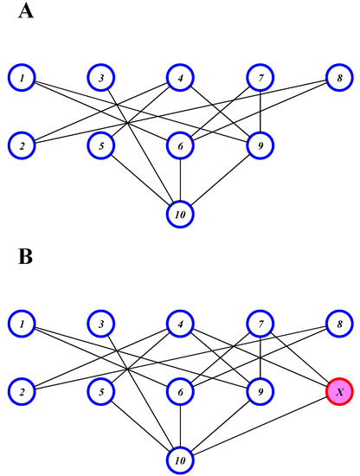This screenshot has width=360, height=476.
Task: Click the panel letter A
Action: (x=25, y=16)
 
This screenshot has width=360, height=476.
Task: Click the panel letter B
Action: (x=24, y=257)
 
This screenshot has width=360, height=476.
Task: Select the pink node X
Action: (x=339, y=391)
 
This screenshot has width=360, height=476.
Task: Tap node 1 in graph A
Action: (x=21, y=79)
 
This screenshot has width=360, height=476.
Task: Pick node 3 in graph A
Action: (x=101, y=79)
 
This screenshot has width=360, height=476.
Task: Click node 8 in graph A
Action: (x=339, y=79)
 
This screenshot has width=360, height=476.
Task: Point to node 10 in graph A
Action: (x=180, y=213)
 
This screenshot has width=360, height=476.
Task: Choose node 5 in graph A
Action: (x=101, y=145)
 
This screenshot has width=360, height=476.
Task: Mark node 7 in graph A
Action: (x=260, y=79)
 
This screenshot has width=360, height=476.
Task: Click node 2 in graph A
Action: (x=21, y=145)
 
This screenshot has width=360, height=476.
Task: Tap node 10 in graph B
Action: (x=180, y=458)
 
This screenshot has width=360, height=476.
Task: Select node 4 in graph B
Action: (x=180, y=325)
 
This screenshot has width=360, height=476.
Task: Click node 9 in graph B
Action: (x=260, y=391)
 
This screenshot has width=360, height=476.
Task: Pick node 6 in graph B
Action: (x=180, y=391)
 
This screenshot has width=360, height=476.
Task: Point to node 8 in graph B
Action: (x=339, y=325)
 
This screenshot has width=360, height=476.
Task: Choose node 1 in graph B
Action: (x=21, y=325)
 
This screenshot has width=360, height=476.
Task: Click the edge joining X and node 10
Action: (x=260, y=424)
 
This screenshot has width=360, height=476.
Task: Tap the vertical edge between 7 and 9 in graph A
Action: (x=260, y=113)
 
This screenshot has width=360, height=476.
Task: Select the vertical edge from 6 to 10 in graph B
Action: (x=180, y=424)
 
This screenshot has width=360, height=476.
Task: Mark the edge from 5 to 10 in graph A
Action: (x=140, y=179)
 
